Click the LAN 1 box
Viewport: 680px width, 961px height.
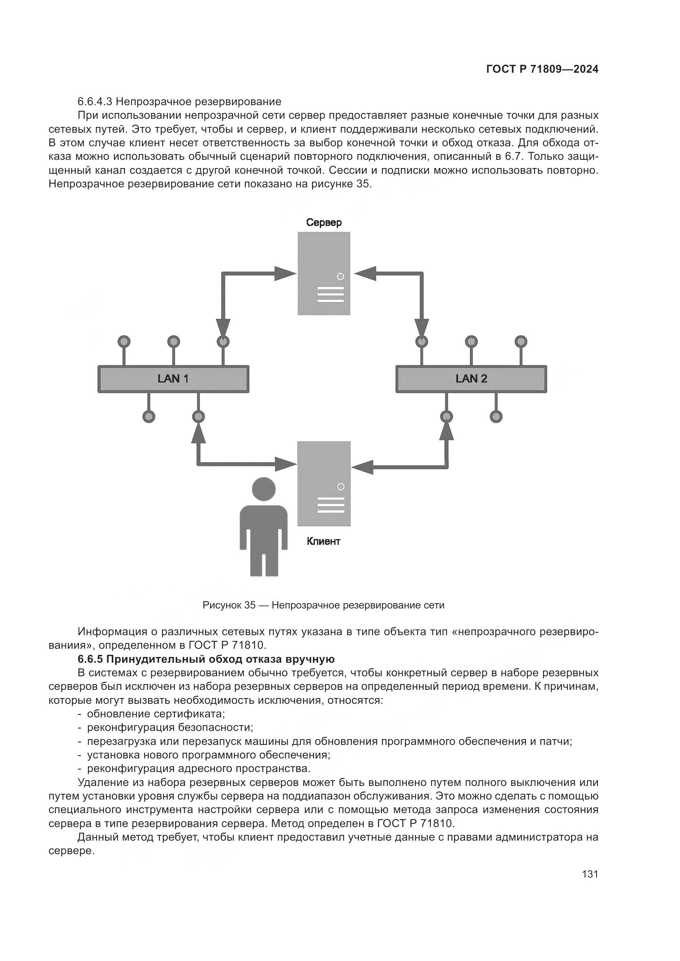(173, 379)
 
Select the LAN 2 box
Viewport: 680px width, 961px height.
(471, 379)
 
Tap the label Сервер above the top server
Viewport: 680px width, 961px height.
(324, 223)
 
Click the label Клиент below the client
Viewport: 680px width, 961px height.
(323, 541)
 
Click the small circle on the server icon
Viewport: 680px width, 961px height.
(340, 276)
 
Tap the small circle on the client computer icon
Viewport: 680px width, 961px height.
(341, 486)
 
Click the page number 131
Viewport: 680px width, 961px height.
(590, 874)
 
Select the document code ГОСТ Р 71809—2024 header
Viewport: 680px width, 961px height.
(542, 69)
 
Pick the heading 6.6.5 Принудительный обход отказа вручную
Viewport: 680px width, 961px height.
(206, 659)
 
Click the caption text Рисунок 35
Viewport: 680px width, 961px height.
(229, 605)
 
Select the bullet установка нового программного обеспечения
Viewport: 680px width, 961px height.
(208, 755)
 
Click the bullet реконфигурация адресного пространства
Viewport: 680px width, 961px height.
(199, 769)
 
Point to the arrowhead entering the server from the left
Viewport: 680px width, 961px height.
(286, 274)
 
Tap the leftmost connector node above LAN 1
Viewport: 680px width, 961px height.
(124, 341)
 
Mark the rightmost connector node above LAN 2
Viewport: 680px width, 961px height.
(521, 341)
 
